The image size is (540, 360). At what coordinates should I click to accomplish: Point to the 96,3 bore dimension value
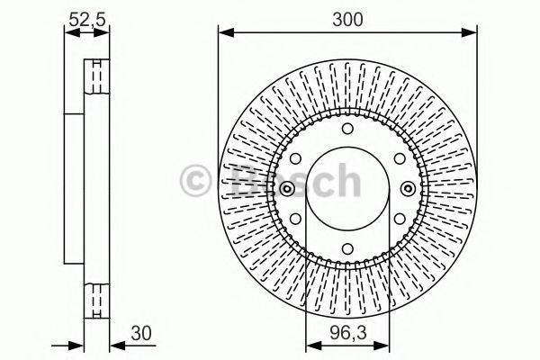pos(347,331)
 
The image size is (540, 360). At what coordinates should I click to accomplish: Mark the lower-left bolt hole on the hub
pos(297,217)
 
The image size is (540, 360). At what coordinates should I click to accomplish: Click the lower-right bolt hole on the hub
pos(397,217)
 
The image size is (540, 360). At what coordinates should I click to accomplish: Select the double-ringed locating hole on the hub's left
pos(286,189)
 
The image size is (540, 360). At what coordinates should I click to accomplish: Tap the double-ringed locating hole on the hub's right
pos(409,189)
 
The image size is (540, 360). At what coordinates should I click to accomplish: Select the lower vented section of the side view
pos(94,298)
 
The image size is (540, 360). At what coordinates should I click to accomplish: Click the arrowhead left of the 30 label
pos(114,345)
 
